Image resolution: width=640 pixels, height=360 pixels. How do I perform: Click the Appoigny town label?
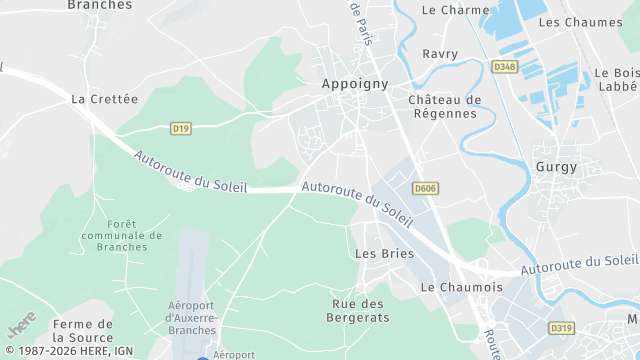355,84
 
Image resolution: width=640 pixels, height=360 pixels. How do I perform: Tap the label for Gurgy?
556,167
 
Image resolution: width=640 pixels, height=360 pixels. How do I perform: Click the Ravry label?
440,53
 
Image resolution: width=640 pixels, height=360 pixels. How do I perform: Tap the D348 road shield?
505,67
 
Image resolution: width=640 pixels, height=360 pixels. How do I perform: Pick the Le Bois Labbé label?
616,80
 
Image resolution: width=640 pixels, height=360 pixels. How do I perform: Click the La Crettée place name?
104,99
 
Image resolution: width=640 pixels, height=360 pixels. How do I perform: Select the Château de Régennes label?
445,107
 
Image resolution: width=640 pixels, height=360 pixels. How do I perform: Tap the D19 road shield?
180,128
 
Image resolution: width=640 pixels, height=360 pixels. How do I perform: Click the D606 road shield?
425,187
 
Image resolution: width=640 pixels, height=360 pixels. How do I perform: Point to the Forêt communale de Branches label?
122,235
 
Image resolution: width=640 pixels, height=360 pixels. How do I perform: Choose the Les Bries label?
385,253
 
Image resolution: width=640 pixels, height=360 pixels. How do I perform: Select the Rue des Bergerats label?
357,310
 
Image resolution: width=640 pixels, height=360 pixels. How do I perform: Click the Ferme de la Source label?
83,331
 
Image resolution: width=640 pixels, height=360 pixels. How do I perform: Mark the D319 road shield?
562,327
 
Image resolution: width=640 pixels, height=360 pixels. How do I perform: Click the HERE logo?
21,325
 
